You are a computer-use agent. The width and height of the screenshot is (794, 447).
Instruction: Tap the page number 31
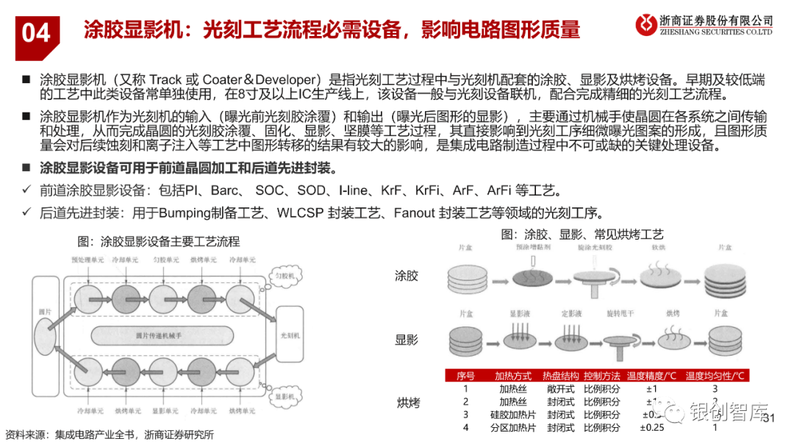pos(770,418)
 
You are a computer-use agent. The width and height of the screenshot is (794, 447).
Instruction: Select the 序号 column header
pos(465,375)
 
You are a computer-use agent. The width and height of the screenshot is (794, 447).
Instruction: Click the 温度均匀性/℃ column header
pos(715,375)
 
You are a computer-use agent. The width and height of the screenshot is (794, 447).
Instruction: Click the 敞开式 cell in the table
pos(561,388)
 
